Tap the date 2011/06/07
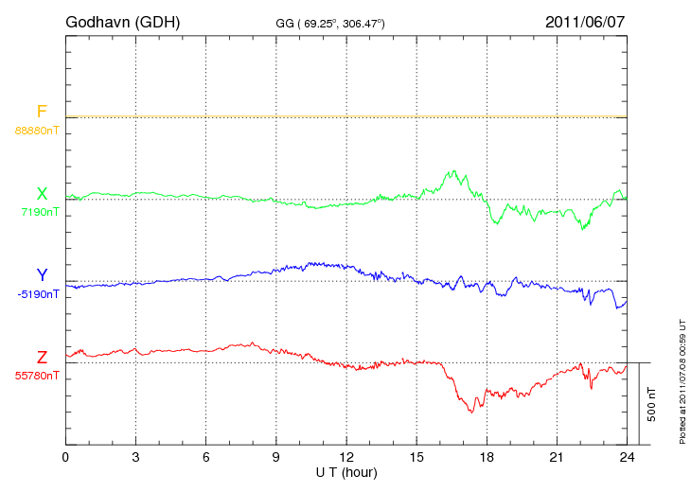(x=585, y=22)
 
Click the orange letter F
(x=42, y=113)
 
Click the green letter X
(x=42, y=194)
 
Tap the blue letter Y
(x=42, y=275)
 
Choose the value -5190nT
(x=38, y=294)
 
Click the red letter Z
(x=42, y=358)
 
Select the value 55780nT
(x=37, y=376)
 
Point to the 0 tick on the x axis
(x=66, y=457)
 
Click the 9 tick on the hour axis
(x=276, y=457)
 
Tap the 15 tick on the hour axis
(x=416, y=457)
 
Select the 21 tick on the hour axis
(x=557, y=457)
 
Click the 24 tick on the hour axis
(x=627, y=457)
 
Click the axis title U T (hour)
(x=346, y=471)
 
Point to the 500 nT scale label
(x=652, y=404)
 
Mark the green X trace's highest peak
(x=456, y=171)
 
